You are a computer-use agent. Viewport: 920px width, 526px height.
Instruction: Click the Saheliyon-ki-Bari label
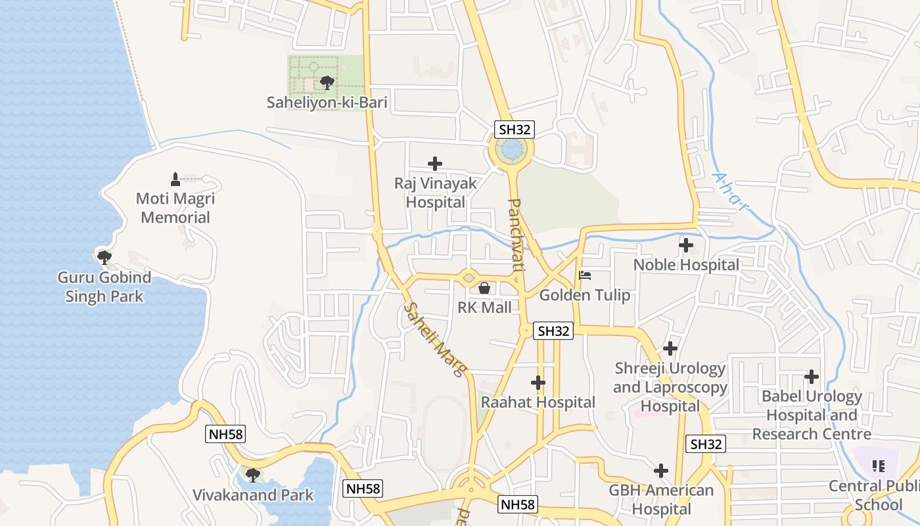327,103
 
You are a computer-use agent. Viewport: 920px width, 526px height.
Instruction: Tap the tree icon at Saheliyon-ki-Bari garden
327,83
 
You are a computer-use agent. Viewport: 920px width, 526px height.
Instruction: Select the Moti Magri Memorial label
175,208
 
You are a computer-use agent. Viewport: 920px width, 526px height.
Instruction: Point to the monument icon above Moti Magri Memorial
175,179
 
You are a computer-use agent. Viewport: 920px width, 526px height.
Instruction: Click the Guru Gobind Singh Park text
104,287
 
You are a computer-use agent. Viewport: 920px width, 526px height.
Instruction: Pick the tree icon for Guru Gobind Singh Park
104,256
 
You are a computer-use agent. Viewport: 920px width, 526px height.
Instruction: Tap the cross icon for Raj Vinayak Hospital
434,164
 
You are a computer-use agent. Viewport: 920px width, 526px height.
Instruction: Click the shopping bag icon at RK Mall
484,288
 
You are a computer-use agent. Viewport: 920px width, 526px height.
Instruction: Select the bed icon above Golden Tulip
585,275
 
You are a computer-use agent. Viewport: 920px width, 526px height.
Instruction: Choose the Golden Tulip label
585,295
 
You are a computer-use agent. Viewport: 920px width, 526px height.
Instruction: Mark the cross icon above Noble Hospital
686,246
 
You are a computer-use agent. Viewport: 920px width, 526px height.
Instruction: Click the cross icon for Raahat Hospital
538,382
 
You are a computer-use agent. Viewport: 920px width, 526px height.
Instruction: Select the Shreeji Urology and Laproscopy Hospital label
670,387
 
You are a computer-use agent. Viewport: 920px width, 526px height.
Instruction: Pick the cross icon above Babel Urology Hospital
812,377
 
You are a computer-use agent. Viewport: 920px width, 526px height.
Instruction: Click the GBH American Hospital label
661,500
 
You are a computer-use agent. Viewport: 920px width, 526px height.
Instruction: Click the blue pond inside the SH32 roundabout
511,149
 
